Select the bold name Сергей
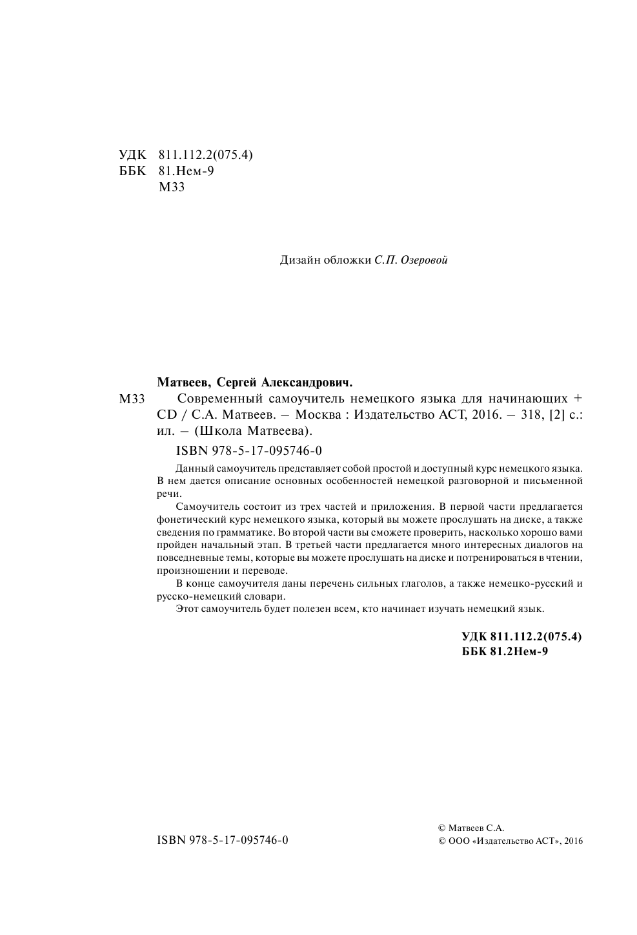coord(238,382)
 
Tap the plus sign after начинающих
coord(578,398)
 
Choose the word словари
coord(263,596)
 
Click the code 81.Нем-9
coord(186,171)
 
